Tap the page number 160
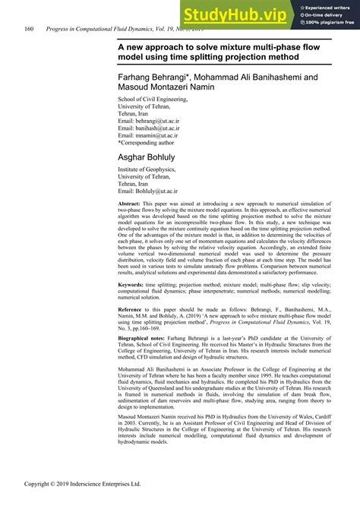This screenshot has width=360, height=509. (x=29, y=29)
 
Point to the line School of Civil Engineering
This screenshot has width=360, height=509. (x=156, y=100)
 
